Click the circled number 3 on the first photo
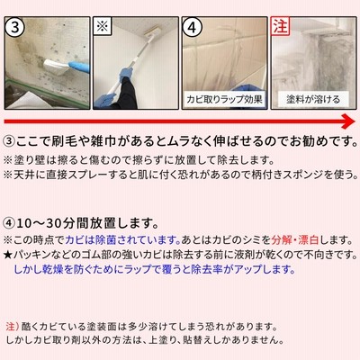(x=15, y=27)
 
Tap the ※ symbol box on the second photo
(x=103, y=26)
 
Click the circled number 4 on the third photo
(x=193, y=27)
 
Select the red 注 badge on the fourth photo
(x=280, y=26)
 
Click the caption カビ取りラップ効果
(x=224, y=99)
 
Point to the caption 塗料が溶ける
(x=313, y=99)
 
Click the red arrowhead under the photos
(x=348, y=121)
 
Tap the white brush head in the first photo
(x=57, y=67)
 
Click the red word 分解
(x=281, y=239)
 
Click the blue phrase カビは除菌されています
(x=122, y=239)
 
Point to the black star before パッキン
(x=8, y=256)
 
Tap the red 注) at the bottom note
(x=13, y=326)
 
